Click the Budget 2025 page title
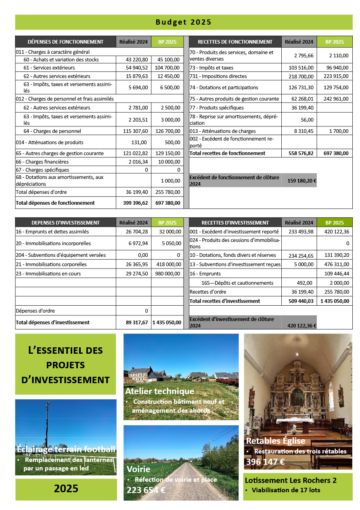coord(184,22)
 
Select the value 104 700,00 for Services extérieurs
coord(167,68)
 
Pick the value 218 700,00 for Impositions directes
coord(299,76)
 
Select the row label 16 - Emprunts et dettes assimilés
coord(52,232)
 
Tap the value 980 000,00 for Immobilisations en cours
coord(167,274)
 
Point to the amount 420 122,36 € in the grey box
coord(301,325)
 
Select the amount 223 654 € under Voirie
coord(146,490)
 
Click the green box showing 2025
coord(66,489)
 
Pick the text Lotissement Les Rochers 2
coord(291,481)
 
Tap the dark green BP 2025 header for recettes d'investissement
coord(335,222)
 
